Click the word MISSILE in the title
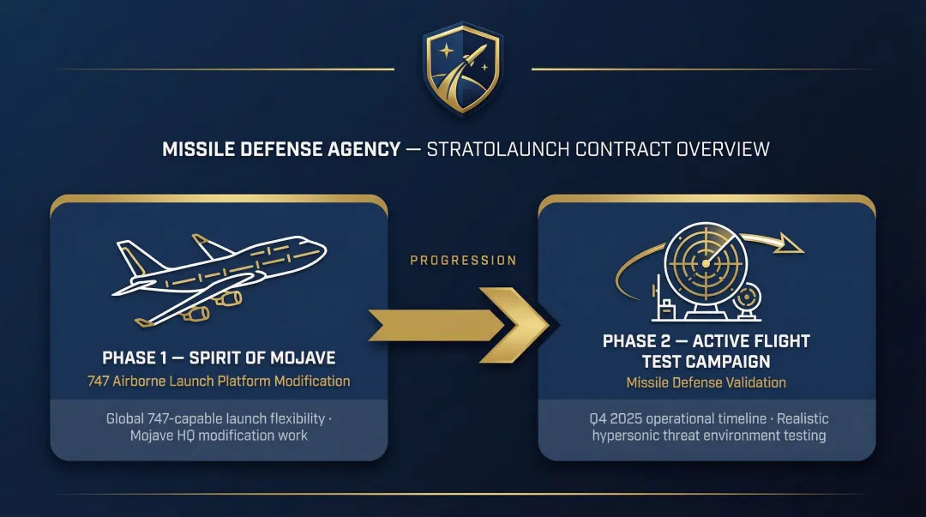tap(197, 149)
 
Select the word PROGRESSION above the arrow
tap(463, 261)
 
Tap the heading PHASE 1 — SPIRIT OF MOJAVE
tap(219, 358)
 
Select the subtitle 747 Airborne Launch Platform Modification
tap(219, 381)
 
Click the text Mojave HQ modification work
tap(219, 436)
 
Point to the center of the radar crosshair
tap(703, 262)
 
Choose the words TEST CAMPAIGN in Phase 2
tap(707, 362)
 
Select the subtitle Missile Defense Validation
tap(707, 382)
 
